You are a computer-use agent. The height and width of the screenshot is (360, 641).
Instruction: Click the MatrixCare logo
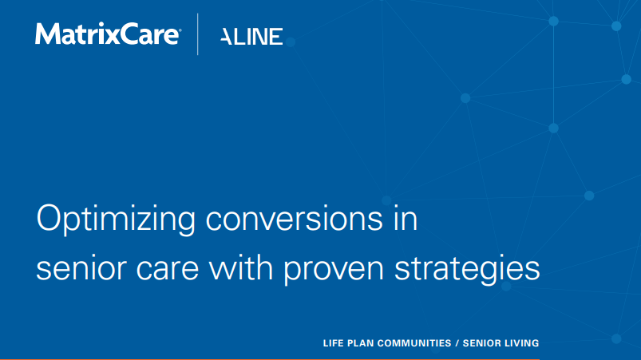107,34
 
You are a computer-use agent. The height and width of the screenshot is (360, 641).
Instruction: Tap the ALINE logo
251,37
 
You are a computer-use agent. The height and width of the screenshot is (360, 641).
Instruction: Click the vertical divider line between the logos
198,34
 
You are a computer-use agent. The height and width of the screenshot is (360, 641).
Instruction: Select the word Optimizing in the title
116,220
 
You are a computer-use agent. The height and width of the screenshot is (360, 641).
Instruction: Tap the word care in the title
168,269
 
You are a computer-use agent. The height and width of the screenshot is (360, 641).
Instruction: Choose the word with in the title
241,267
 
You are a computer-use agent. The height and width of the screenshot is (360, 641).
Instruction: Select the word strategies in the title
467,269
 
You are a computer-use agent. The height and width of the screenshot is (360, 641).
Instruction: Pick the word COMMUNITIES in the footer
414,343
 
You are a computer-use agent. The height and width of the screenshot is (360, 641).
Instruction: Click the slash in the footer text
457,343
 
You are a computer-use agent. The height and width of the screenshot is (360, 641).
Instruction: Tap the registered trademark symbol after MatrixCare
180,30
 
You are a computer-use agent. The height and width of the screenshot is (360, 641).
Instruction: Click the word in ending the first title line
406,220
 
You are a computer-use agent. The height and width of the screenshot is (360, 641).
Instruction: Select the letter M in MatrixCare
45,34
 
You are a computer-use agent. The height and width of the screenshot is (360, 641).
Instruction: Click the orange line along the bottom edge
270,359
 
